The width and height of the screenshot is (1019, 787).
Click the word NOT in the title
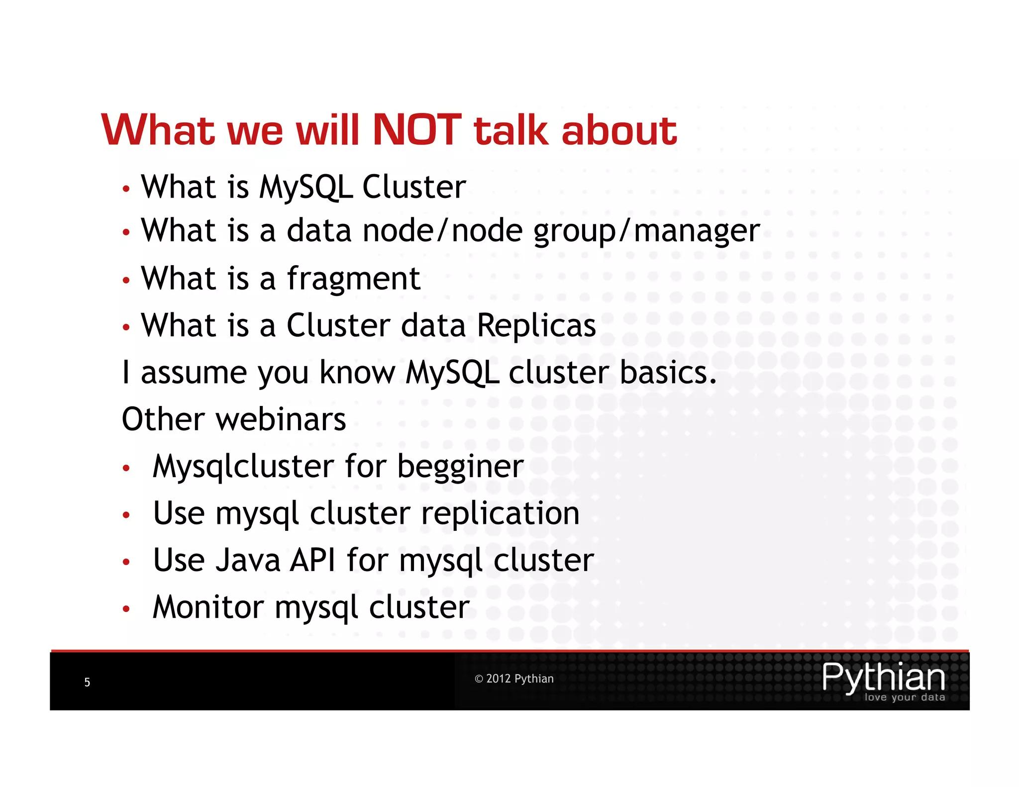[417, 130]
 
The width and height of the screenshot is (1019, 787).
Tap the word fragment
[354, 279]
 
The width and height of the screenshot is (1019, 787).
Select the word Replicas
[536, 326]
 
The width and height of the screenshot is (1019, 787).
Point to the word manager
[697, 232]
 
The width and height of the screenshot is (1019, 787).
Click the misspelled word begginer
[460, 468]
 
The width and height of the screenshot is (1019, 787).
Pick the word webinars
[281, 419]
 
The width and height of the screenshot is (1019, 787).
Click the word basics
[668, 373]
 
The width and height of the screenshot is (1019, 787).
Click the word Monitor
[208, 607]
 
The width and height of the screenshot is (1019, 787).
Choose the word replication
[500, 514]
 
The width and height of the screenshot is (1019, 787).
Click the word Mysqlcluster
[243, 468]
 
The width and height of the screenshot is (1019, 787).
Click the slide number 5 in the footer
[87, 682]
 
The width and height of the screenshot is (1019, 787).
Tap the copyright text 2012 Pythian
[514, 679]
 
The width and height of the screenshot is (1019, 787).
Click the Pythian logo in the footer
[883, 677]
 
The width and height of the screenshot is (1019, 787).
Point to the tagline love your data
[905, 697]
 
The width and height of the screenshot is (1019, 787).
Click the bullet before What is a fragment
[126, 281]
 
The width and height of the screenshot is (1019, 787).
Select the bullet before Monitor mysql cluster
[126, 609]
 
